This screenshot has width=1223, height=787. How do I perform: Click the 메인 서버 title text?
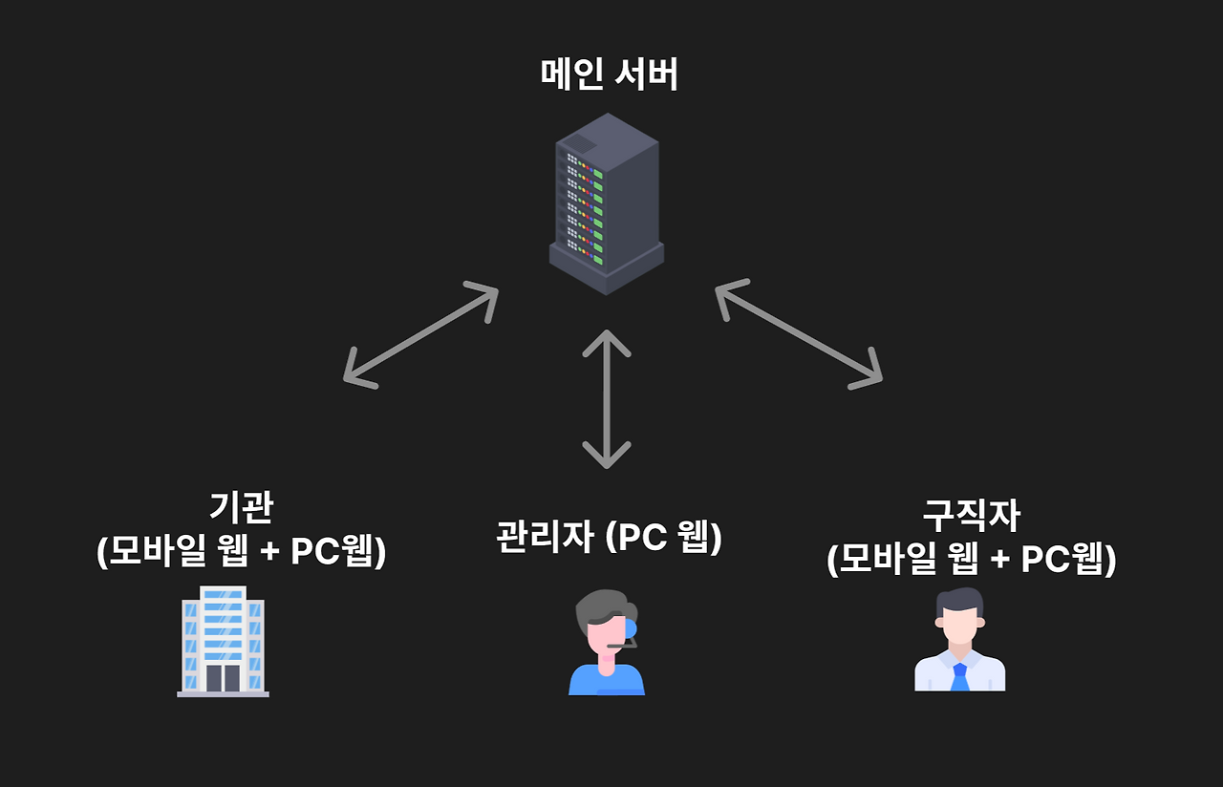[610, 74]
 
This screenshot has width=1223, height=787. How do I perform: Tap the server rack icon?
[606, 202]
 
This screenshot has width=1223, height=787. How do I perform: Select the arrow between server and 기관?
[421, 334]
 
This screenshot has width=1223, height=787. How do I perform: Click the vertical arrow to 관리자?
[606, 399]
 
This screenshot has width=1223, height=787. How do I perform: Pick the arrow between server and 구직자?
[799, 333]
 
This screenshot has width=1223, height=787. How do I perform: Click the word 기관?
[241, 508]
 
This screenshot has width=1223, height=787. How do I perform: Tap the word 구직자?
[971, 517]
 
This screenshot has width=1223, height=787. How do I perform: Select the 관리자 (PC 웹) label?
[609, 538]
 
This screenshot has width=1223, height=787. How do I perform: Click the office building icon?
[223, 641]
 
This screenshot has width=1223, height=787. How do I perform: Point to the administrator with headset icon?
[607, 642]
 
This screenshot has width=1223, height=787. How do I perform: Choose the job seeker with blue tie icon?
[959, 639]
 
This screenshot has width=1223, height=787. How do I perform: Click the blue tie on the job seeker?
[960, 676]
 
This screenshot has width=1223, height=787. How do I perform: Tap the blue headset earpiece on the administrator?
[629, 628]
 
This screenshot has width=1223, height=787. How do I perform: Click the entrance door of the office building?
[223, 677]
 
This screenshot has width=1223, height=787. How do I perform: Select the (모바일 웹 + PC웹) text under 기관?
[241, 551]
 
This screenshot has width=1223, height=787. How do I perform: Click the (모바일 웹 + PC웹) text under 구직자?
[971, 560]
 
